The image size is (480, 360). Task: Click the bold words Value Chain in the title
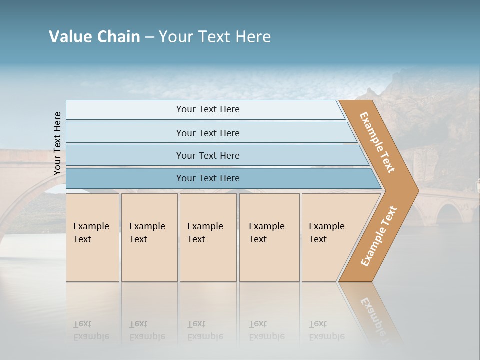[x=94, y=36]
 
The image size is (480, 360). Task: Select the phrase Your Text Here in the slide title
[x=215, y=36]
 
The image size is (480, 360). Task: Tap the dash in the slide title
[x=149, y=37]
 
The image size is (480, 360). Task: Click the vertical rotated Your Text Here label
[x=57, y=143]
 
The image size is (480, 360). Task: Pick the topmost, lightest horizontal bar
[x=205, y=109]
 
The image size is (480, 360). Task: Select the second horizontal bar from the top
[x=208, y=133]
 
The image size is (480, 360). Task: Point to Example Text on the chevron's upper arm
[x=377, y=142]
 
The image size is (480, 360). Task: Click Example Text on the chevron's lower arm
[x=379, y=236]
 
